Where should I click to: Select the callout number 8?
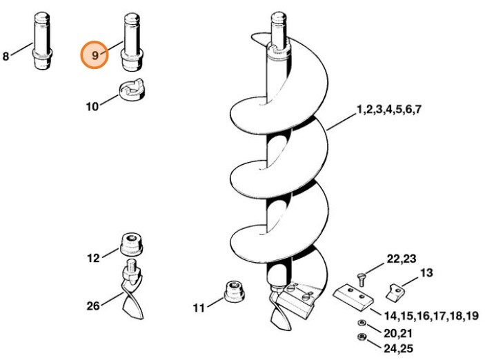[x=6, y=57]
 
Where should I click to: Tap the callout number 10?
[x=92, y=107]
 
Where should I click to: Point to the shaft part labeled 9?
[x=132, y=41]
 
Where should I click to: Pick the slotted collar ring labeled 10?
[x=132, y=90]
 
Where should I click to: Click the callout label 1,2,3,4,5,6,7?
[x=389, y=110]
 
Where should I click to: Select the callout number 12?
[x=93, y=258]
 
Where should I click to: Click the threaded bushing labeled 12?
[x=131, y=244]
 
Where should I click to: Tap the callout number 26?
[x=93, y=306]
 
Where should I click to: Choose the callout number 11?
[x=199, y=308]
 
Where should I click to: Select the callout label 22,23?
[x=402, y=259]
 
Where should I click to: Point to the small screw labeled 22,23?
[x=361, y=279]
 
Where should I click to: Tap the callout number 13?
[x=426, y=273]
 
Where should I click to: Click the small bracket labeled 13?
[x=395, y=293]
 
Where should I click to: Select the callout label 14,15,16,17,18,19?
[x=431, y=316]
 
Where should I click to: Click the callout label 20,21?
[x=398, y=333]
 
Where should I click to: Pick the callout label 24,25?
[x=398, y=348]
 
